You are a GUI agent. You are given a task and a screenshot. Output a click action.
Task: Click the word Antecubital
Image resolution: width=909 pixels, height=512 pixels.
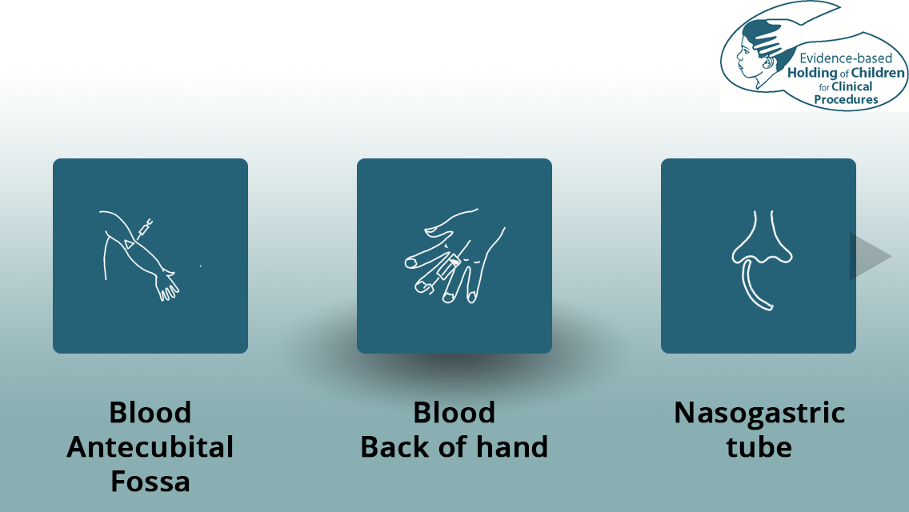tap(150, 447)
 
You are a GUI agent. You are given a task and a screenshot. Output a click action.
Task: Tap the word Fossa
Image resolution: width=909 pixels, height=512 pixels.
tap(150, 482)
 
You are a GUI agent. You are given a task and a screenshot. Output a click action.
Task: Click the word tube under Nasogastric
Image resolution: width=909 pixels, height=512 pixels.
tap(759, 446)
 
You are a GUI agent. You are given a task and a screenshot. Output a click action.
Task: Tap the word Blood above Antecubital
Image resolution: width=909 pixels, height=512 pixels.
tap(150, 412)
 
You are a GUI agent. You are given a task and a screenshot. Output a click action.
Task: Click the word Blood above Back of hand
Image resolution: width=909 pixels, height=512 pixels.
tap(454, 412)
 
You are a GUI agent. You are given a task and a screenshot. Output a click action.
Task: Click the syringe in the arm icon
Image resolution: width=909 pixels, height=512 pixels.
tap(144, 229)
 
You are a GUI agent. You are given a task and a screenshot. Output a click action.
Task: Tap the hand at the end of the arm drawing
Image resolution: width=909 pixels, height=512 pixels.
tap(167, 286)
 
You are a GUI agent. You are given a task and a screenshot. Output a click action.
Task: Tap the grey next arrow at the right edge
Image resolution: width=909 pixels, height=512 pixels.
tap(870, 256)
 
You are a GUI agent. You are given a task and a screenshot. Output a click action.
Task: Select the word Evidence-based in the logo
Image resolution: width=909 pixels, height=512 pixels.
tap(846, 58)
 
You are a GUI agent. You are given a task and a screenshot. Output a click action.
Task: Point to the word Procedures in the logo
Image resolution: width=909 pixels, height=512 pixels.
tap(846, 100)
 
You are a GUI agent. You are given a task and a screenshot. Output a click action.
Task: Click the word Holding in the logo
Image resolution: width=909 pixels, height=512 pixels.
tap(812, 73)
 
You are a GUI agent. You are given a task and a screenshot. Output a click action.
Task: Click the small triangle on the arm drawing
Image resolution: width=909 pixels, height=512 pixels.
tap(130, 244)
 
